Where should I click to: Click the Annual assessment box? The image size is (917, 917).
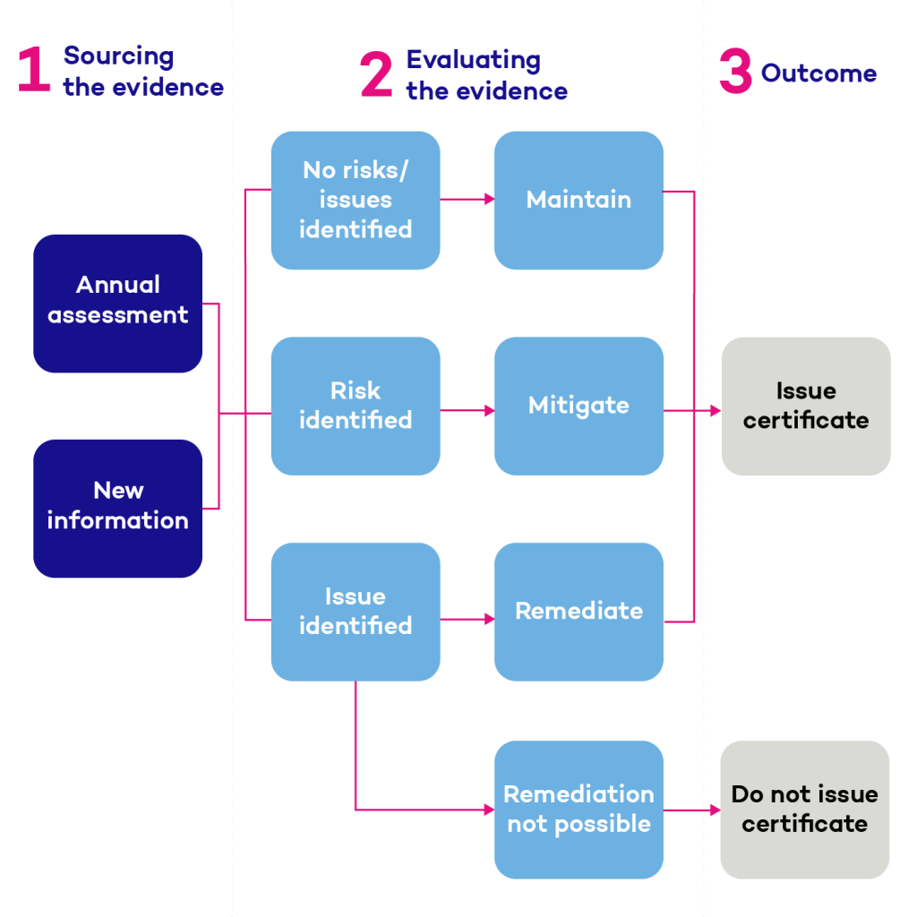coord(118,303)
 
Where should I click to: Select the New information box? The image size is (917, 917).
coord(118,508)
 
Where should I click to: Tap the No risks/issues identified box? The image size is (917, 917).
coord(356,201)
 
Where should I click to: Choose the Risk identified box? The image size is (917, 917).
coord(356,406)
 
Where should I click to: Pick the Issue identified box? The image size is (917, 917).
coord(356,612)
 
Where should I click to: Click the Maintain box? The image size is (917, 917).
coord(578,201)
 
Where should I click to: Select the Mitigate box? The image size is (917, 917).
coord(578,406)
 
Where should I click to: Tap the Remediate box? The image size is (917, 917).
coord(578,612)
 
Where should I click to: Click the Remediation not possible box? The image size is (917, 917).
coord(578,810)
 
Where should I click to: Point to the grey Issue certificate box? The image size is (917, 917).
coord(806,406)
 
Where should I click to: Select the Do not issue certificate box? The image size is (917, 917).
coord(805,810)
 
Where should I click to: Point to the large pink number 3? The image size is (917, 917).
coord(735,73)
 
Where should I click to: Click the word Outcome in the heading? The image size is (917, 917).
coord(818,73)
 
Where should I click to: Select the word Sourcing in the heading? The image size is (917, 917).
coord(118,56)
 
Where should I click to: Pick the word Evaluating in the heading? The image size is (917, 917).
coord(473,61)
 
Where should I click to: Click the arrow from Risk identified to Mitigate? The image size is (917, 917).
coord(467,411)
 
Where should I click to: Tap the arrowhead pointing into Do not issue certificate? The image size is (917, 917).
coord(715,810)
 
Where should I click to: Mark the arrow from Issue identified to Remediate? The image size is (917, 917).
coord(467,619)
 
